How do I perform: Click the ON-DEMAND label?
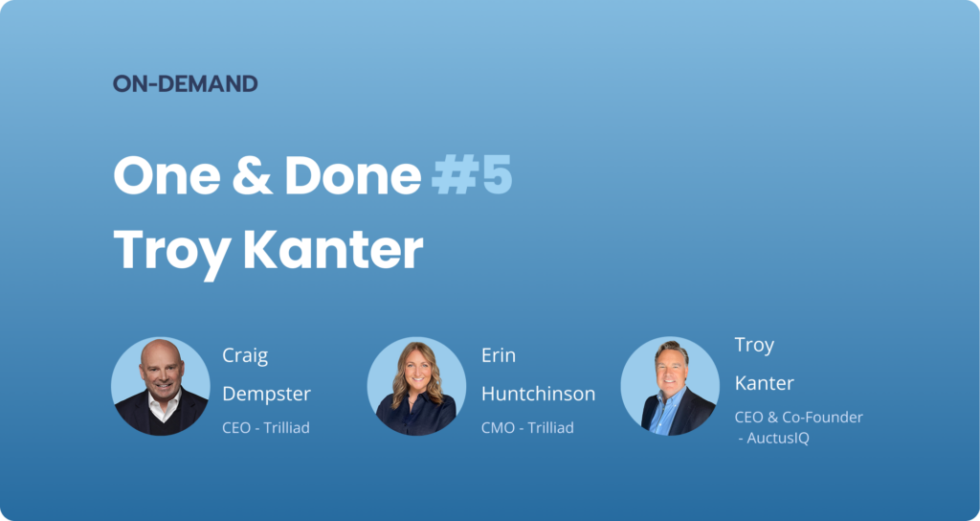tap(185, 84)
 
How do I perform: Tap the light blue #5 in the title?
tap(472, 176)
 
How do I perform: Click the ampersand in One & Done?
tap(253, 176)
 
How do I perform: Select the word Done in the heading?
tap(353, 176)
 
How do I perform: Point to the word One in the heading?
tap(167, 176)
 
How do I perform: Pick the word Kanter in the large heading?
tap(333, 249)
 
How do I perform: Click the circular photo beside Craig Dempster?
tap(161, 386)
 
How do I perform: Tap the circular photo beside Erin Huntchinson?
tap(416, 386)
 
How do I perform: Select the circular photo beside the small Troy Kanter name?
tap(670, 386)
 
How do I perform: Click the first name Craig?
tap(245, 356)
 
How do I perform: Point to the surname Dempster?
tap(266, 395)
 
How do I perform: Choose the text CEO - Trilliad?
tap(266, 428)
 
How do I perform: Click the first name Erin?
tap(498, 356)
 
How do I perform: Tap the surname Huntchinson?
tap(538, 394)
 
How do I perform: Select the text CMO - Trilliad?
tap(527, 428)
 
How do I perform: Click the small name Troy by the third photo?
tap(754, 346)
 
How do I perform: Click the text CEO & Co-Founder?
tap(799, 418)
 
